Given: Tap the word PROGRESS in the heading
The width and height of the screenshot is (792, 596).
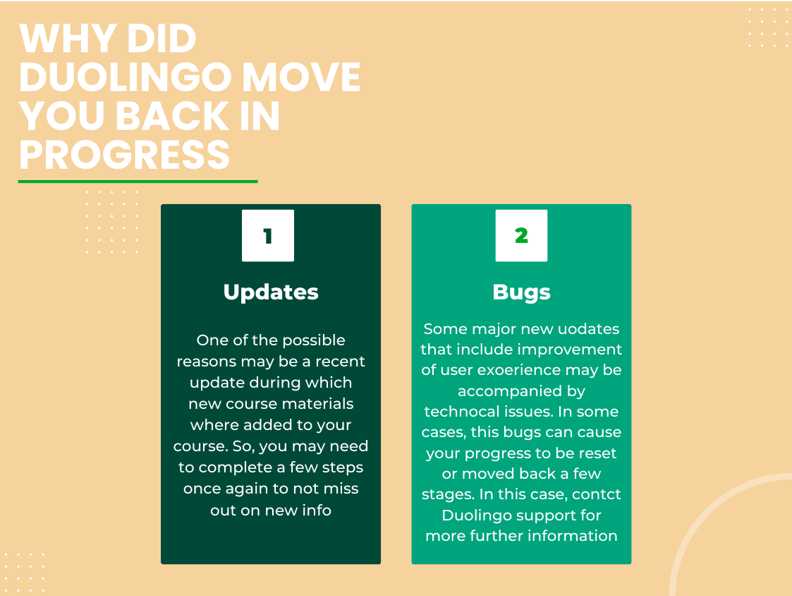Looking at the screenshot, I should pyautogui.click(x=124, y=154).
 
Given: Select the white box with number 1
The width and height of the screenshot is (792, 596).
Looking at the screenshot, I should pyautogui.click(x=267, y=236).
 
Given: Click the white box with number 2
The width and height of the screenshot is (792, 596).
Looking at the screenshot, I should pyautogui.click(x=521, y=236).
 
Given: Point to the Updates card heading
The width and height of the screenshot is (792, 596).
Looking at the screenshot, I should pyautogui.click(x=271, y=292).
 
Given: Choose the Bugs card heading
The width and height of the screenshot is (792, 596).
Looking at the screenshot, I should pyautogui.click(x=521, y=292).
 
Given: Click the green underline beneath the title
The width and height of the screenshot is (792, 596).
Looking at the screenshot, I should pyautogui.click(x=138, y=181).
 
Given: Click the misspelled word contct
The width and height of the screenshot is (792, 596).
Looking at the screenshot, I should pyautogui.click(x=597, y=494).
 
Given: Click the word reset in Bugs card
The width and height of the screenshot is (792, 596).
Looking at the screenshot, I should pyautogui.click(x=599, y=453).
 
